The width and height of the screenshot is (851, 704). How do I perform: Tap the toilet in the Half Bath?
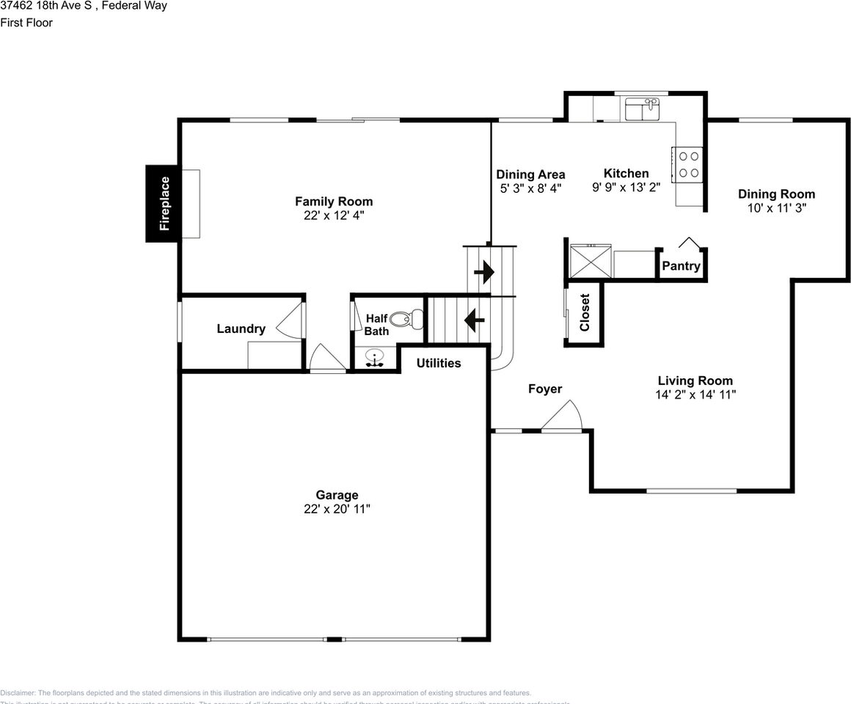[406, 319]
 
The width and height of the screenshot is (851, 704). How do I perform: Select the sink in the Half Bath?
[376, 359]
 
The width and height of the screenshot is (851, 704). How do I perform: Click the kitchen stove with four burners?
[687, 164]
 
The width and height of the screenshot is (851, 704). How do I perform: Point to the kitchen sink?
[643, 110]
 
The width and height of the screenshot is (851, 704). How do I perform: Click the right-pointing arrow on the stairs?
[484, 273]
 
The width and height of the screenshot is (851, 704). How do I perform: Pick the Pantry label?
[681, 266]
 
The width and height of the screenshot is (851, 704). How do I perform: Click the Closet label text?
[585, 312]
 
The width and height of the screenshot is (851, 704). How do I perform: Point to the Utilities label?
[439, 363]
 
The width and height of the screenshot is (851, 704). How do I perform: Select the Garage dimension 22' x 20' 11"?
[337, 509]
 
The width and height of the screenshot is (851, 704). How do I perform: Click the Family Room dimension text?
[334, 215]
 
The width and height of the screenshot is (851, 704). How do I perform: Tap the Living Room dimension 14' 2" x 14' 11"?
[695, 395]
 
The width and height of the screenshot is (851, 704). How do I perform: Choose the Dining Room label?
[776, 194]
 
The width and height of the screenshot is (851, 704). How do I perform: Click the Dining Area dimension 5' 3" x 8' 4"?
[530, 188]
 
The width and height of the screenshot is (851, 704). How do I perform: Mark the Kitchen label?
[626, 174]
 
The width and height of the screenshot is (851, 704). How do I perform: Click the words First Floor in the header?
[26, 23]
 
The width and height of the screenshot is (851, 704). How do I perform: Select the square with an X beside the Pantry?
[590, 261]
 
